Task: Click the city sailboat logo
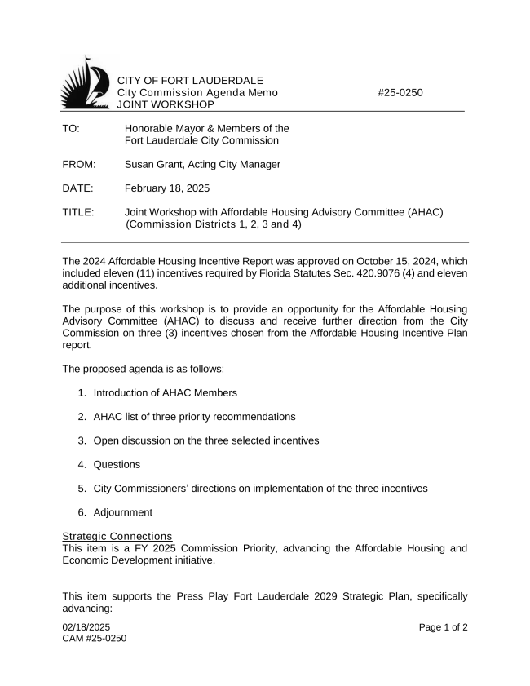tap(86, 83)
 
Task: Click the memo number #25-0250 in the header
tap(400, 93)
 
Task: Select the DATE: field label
tap(77, 188)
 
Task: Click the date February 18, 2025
tap(167, 188)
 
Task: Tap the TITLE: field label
tap(78, 212)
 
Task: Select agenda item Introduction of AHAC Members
tap(166, 392)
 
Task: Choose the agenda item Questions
tap(117, 464)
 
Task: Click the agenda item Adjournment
tap(122, 512)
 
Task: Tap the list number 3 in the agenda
tap(82, 440)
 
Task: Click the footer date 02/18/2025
tap(86, 626)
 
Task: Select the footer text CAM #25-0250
tap(95, 637)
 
